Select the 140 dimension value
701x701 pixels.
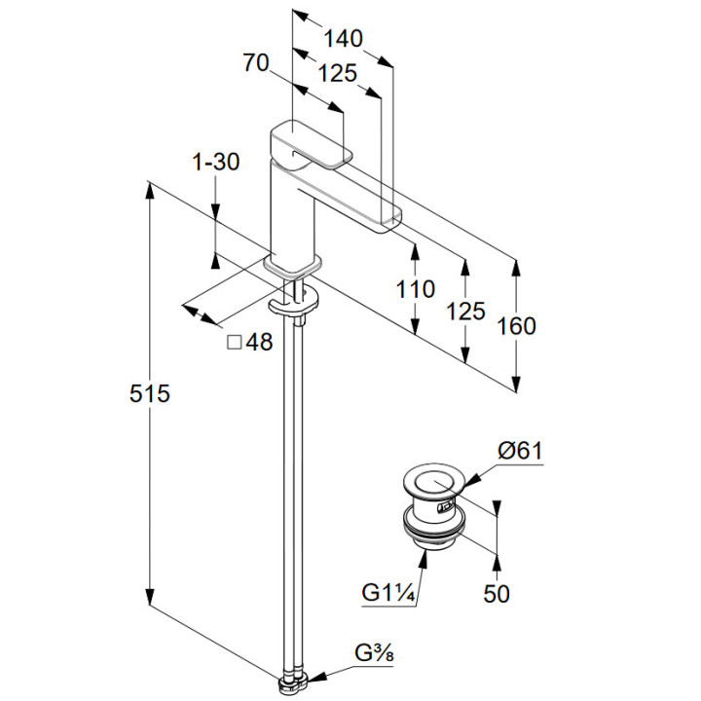(343, 39)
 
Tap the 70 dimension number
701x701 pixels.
(255, 63)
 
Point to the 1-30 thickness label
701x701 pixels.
(216, 163)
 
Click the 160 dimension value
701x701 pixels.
(516, 326)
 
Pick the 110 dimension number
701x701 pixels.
(416, 289)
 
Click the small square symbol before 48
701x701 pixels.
(234, 343)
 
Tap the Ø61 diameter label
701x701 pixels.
(519, 451)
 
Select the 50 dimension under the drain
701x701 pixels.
(497, 593)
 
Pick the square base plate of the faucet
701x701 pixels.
(292, 265)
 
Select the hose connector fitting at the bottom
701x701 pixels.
(292, 681)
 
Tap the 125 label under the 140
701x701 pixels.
(336, 73)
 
